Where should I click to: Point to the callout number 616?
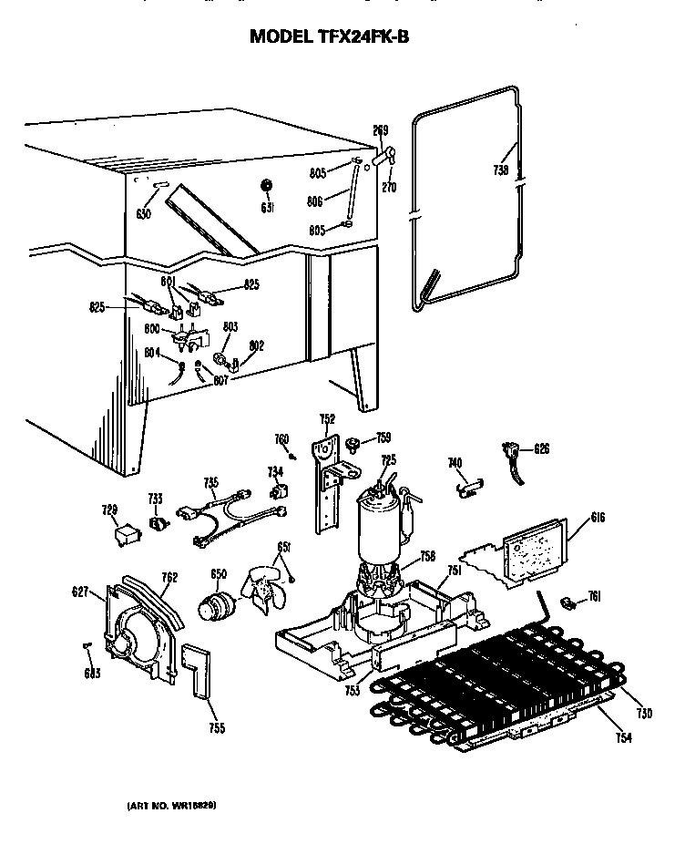[572, 518]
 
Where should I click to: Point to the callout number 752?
[327, 419]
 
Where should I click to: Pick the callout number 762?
[169, 577]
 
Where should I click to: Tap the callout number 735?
[210, 482]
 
